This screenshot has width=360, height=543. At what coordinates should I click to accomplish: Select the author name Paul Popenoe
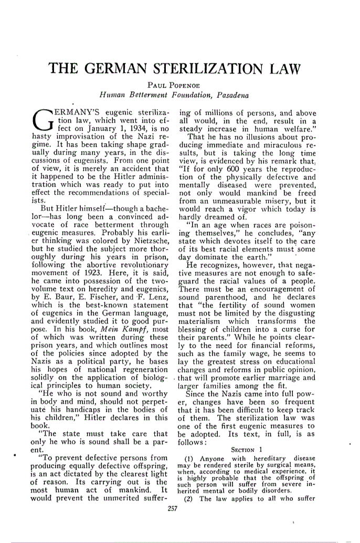179,86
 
